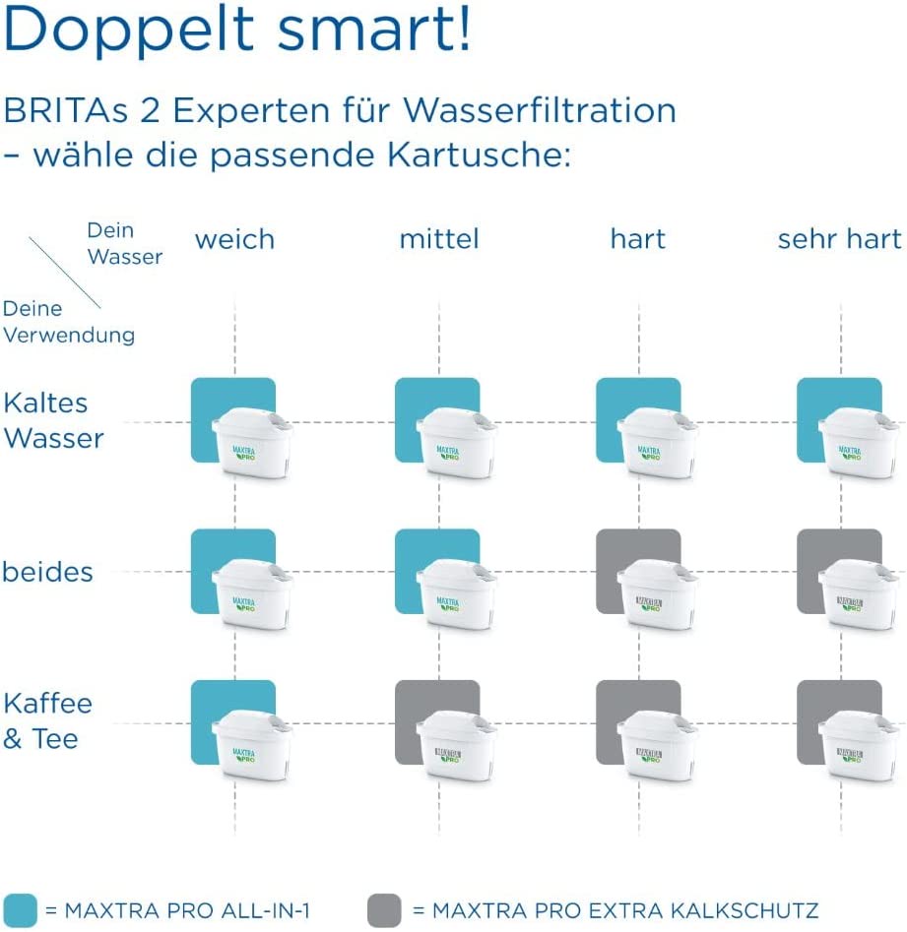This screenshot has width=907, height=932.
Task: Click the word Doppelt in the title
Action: click(129, 30)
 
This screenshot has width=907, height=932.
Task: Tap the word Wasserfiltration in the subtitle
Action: click(540, 110)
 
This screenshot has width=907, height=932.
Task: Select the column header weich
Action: click(235, 239)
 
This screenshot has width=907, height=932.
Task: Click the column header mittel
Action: click(439, 239)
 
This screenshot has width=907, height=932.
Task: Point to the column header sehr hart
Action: click(839, 239)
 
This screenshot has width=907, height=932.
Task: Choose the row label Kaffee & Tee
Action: click(47, 721)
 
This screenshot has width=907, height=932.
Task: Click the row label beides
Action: click(47, 572)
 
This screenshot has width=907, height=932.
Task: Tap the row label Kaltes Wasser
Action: click(53, 420)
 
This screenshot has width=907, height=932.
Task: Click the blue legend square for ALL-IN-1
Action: click(20, 910)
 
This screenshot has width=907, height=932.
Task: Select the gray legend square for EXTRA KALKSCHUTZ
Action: click(384, 910)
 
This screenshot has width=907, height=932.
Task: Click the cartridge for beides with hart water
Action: click(658, 594)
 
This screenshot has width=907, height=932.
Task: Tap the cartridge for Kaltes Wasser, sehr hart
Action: click(859, 443)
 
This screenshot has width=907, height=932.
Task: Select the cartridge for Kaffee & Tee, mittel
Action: click(457, 746)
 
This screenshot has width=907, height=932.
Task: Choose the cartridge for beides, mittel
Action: click(457, 594)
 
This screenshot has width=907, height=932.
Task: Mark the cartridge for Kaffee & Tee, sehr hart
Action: click(859, 746)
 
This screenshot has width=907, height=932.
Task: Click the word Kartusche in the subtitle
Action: click(479, 155)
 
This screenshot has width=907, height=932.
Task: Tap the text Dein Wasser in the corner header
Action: click(125, 244)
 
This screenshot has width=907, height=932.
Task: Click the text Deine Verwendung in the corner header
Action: click(69, 322)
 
